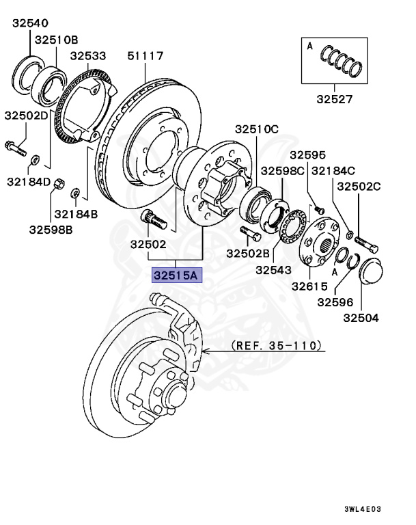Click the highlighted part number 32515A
pos(175,276)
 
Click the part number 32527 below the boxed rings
pos(334,98)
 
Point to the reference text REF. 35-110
pos(275,345)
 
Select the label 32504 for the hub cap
pos(361,317)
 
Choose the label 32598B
pos(51,229)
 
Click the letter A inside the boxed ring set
pos(309,46)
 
